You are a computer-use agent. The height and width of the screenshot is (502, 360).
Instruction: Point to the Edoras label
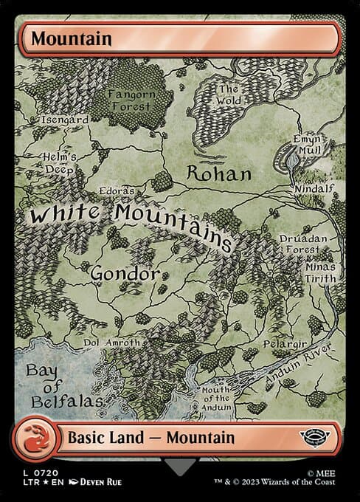tap(117, 190)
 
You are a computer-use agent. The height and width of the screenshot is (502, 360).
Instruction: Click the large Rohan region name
tap(219, 174)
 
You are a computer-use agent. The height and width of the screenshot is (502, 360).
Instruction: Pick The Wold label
tap(229, 96)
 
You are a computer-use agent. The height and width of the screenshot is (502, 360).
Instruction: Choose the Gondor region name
tap(125, 274)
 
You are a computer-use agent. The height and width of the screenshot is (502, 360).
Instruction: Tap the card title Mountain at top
tap(61, 38)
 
